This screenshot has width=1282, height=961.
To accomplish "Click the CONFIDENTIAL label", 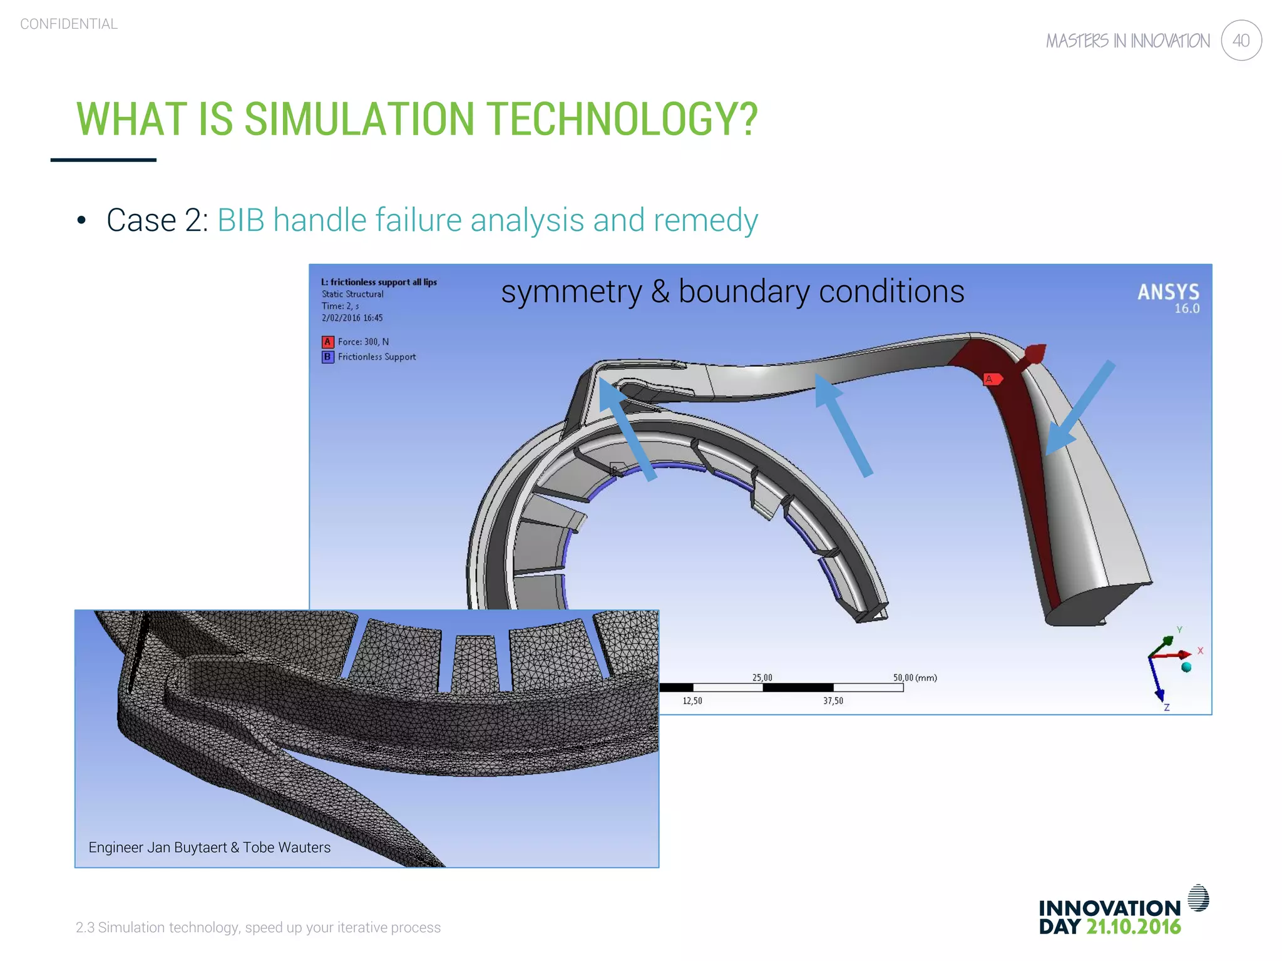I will [x=69, y=24].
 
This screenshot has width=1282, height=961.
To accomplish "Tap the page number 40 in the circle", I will [x=1241, y=41].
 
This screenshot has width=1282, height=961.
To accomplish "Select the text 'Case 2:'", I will [x=157, y=220].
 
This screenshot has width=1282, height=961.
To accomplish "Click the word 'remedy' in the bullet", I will [x=705, y=220].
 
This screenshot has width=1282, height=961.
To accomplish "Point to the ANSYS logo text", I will [x=1168, y=292].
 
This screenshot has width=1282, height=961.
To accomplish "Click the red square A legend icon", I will [x=327, y=342].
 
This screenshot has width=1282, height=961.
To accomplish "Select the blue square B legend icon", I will [x=327, y=357].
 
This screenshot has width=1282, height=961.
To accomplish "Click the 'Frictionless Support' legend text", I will [x=377, y=357].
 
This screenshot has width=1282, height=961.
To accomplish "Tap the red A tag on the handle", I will [x=991, y=379].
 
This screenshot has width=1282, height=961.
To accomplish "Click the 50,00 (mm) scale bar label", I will [x=915, y=678].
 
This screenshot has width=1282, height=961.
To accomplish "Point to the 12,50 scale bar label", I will [x=692, y=701].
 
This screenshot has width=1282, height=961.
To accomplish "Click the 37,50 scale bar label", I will [x=833, y=701].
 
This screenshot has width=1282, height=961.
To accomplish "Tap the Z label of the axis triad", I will [x=1167, y=708].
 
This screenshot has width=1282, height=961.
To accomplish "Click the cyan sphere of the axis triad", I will [x=1186, y=668].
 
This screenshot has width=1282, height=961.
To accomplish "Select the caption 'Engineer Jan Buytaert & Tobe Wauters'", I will [x=209, y=847].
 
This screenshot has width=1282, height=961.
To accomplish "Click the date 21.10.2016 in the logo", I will [x=1133, y=927].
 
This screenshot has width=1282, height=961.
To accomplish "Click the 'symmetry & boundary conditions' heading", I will [x=732, y=292].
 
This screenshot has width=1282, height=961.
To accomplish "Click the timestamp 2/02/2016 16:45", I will [x=352, y=318].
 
